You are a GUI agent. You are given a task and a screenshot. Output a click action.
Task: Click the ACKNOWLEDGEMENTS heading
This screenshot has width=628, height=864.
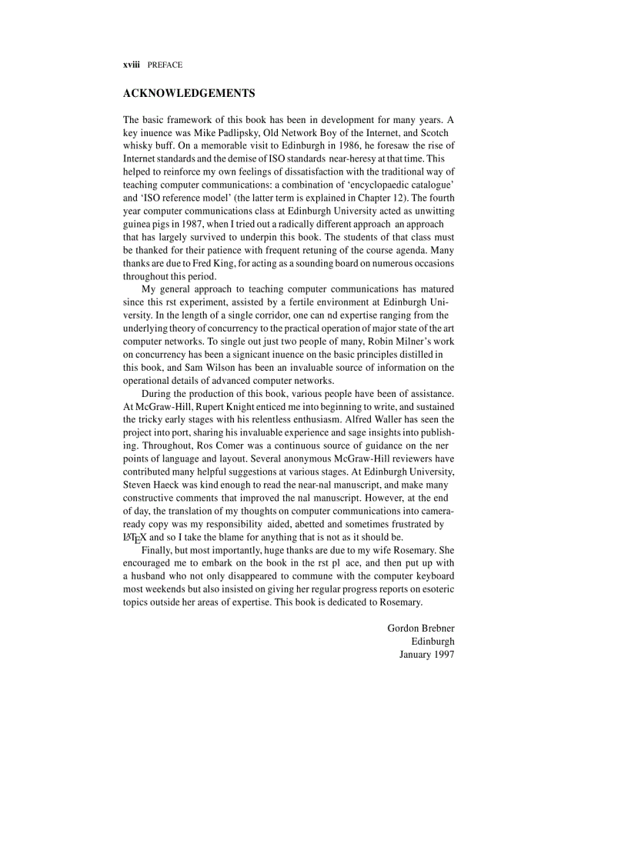click(x=189, y=94)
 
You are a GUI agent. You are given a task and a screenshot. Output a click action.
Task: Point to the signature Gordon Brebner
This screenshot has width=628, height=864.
click(x=420, y=628)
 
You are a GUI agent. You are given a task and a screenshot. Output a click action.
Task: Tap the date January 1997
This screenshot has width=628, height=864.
click(x=426, y=654)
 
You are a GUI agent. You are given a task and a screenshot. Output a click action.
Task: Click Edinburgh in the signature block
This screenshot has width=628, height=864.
click(x=433, y=641)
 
